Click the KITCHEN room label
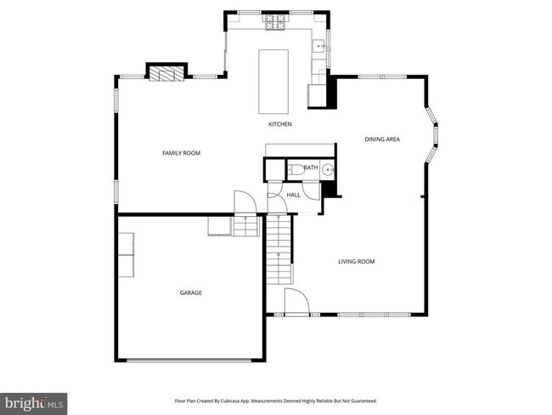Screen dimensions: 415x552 tap(280, 124)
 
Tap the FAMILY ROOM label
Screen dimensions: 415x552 tap(181, 153)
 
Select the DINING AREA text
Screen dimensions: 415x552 tap(382, 139)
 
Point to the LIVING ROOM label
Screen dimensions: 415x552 tap(357, 262)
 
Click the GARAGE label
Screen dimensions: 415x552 tap(190, 293)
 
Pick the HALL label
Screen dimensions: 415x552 tap(293, 195)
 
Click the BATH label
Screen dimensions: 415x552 tap(311, 168)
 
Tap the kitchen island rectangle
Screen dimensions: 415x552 tap(273, 81)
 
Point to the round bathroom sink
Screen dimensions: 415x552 tap(328, 169)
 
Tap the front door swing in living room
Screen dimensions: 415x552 tap(296, 302)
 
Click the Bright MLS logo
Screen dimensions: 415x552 tap(34, 401)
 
